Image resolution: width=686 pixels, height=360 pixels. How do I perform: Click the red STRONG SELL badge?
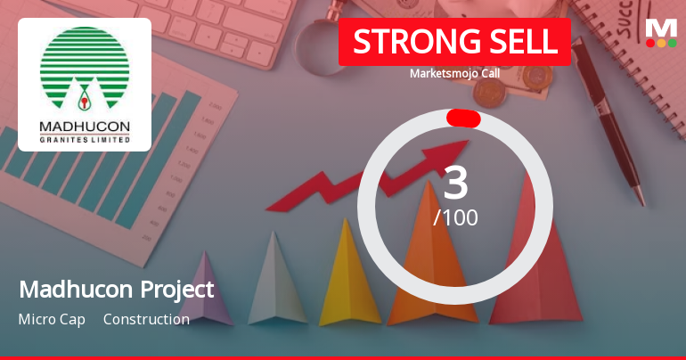coord(454,42)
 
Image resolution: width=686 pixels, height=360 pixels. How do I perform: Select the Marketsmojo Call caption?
coord(454,73)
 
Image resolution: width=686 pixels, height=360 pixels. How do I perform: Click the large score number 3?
coord(455,183)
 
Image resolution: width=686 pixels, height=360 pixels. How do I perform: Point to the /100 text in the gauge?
coord(455,217)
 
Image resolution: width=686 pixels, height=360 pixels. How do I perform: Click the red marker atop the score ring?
coord(463,119)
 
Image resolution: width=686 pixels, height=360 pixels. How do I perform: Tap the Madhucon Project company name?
coord(116,290)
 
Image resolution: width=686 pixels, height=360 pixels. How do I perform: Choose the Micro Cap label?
coord(52,319)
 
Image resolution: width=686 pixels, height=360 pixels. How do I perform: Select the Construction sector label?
coord(146,319)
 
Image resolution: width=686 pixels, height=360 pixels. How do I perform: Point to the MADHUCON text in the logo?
coord(85,127)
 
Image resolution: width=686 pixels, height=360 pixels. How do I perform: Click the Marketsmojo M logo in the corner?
coord(661,33)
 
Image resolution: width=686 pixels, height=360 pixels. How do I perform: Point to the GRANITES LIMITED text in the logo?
coord(85,139)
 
